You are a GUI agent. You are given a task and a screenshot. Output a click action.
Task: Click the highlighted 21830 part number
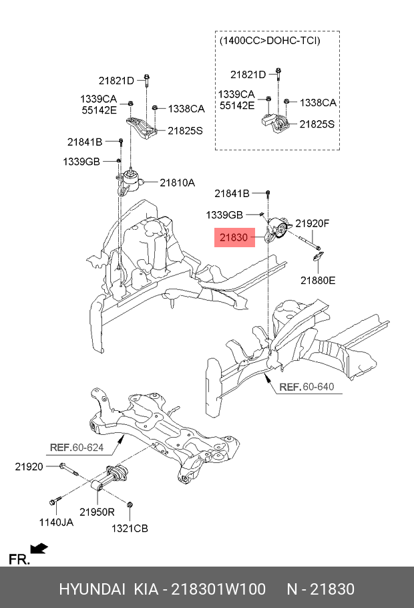[x=234, y=237]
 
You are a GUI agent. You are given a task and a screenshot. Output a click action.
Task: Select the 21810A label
[x=176, y=182]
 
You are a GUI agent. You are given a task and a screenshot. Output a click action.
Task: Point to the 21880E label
[x=318, y=280]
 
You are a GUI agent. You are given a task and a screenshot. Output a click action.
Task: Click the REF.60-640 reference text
[x=306, y=387]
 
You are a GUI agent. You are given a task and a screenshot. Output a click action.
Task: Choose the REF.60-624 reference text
[x=77, y=447]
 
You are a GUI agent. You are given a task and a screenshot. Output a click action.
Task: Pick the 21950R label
[x=97, y=512]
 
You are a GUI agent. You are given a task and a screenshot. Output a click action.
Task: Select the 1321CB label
[x=131, y=528]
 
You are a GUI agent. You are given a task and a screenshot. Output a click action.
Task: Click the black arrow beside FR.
[x=39, y=549]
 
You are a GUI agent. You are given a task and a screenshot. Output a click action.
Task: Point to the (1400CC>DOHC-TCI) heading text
[x=269, y=41]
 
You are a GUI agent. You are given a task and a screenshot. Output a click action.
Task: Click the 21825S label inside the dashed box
[x=317, y=124]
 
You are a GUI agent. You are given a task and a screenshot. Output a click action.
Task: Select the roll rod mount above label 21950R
[x=111, y=479]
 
